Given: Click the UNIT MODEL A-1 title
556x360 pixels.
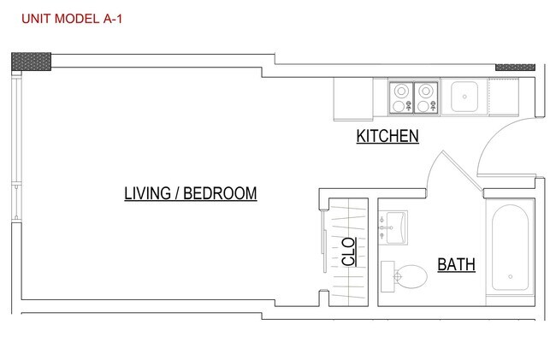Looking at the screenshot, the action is (x=72, y=19).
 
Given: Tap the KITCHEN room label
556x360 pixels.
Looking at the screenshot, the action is (x=387, y=136).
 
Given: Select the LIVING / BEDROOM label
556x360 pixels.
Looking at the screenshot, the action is (x=191, y=193).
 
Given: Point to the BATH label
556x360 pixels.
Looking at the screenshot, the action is (x=457, y=264).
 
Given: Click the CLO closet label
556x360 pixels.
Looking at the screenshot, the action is (x=349, y=251).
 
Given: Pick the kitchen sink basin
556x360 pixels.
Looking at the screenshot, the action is (x=464, y=97).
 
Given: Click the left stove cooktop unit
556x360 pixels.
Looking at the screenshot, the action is (x=401, y=97).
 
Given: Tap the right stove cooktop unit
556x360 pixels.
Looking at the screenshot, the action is (x=426, y=97).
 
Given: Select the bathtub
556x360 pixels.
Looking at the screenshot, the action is (x=510, y=247).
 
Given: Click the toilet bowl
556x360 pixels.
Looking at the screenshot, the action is (x=411, y=276).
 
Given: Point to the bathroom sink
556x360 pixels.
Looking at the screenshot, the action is (x=393, y=227).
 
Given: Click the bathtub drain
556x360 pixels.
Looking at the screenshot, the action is (x=511, y=277).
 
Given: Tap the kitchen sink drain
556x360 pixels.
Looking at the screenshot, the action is (x=464, y=97).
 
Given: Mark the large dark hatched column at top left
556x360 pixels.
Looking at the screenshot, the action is (x=31, y=62).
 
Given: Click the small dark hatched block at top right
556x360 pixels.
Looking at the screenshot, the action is (x=515, y=68).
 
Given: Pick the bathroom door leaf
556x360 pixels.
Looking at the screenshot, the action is (x=463, y=171).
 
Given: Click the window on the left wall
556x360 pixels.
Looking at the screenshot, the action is (x=16, y=146).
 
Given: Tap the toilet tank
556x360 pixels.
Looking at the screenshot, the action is (x=387, y=277).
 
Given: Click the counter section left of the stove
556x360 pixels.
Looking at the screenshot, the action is (x=353, y=99).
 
